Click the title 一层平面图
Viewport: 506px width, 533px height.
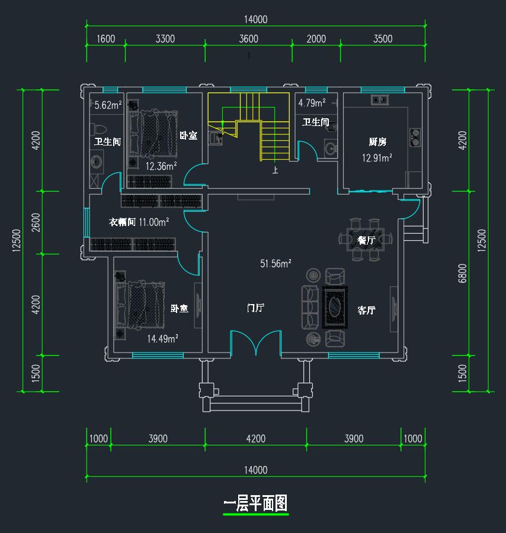(x=255, y=504)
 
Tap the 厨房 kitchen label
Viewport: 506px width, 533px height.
(x=377, y=142)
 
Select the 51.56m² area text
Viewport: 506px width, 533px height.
(x=276, y=264)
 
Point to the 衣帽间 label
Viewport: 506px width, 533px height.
(x=123, y=222)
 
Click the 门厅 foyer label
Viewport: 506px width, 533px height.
(x=255, y=308)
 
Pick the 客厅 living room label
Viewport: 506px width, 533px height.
(x=366, y=310)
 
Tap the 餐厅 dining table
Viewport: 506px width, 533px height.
(x=366, y=240)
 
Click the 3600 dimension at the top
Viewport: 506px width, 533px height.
(x=248, y=39)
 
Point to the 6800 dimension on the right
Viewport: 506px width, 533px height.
(x=463, y=273)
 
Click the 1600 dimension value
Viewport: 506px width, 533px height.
(x=105, y=39)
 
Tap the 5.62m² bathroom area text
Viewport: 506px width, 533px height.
(x=108, y=106)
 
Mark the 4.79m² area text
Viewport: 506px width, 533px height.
(x=312, y=103)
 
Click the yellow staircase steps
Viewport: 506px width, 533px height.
(x=274, y=139)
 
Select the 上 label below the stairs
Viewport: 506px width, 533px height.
(x=275, y=171)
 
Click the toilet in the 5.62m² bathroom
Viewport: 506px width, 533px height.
(x=98, y=128)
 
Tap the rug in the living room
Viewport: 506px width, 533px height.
(x=335, y=307)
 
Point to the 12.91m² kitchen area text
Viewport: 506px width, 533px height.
(x=377, y=158)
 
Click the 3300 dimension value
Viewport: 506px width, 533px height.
(x=165, y=39)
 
